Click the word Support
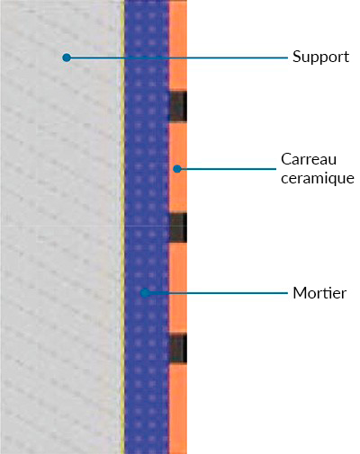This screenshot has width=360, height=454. (x=320, y=57)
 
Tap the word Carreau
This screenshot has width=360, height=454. (x=309, y=159)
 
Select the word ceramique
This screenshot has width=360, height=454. (x=318, y=178)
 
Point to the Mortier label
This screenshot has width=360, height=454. (x=319, y=293)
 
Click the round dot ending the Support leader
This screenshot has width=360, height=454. (x=67, y=58)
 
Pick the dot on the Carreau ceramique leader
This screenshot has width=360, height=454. (x=177, y=169)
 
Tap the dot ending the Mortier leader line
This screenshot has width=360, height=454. (x=146, y=293)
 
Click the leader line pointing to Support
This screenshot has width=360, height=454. (x=177, y=58)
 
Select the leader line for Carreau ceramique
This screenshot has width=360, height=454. (x=227, y=169)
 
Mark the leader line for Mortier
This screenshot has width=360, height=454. (x=217, y=293)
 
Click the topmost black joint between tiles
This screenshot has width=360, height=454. (x=178, y=106)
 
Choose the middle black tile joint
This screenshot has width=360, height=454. (x=178, y=227)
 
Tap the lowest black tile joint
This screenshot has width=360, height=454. (x=178, y=349)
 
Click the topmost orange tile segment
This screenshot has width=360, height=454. (x=178, y=46)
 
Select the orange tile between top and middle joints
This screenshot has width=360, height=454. (x=178, y=167)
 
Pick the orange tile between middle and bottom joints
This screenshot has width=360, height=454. (x=178, y=288)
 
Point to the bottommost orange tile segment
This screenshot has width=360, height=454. (x=178, y=409)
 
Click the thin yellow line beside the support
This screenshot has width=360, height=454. (x=122, y=227)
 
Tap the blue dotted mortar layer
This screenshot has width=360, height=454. (x=147, y=227)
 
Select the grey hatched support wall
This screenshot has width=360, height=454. (x=60, y=227)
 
